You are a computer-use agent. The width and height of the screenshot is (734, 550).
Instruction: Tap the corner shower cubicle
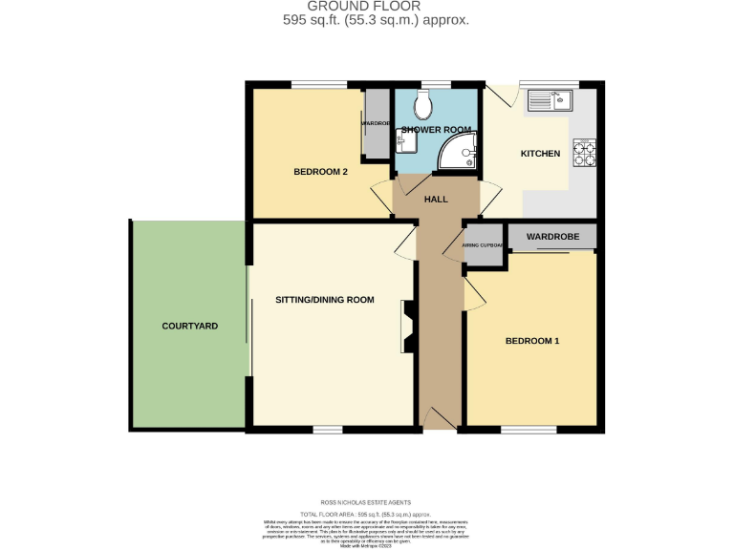tap(461, 152)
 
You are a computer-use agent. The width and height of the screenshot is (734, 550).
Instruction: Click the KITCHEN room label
tap(539, 154)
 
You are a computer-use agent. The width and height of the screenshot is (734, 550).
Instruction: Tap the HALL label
tap(436, 199)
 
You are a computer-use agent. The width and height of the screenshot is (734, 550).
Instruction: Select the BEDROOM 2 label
tap(319, 173)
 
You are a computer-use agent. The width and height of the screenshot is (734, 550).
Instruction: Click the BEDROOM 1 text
tap(531, 341)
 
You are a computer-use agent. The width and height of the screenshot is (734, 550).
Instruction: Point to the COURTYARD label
tap(189, 326)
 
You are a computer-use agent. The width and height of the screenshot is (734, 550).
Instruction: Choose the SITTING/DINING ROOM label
tap(324, 300)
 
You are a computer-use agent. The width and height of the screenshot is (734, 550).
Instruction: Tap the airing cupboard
tap(483, 245)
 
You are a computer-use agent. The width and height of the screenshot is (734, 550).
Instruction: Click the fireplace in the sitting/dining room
tap(408, 326)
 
